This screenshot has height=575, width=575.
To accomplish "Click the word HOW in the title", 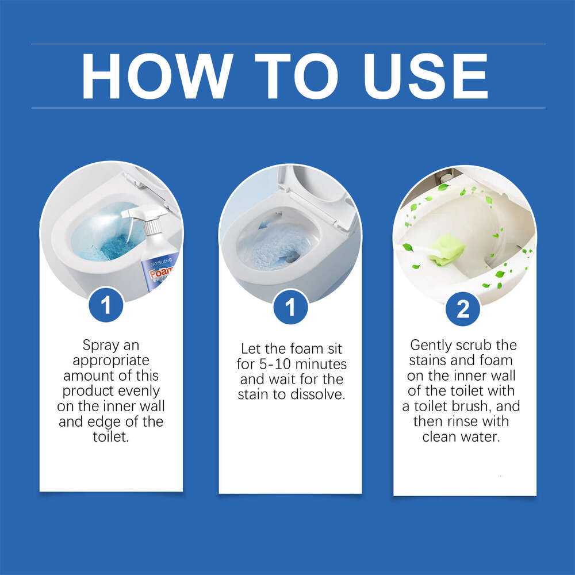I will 157,76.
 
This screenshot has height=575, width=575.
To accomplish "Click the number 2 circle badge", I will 463,309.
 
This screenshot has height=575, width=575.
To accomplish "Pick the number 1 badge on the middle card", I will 290,307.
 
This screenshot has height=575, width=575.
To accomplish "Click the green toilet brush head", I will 448,251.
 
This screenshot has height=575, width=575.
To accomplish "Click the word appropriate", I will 110,361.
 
